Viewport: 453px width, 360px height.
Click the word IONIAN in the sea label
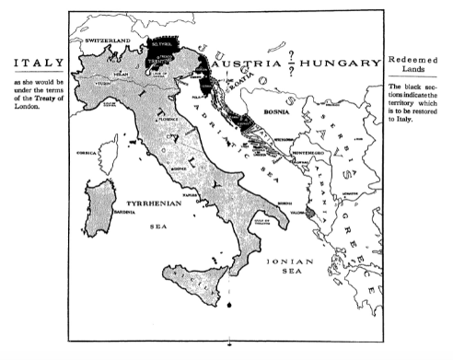(x=287, y=261)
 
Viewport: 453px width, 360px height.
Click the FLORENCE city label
(x=166, y=119)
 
